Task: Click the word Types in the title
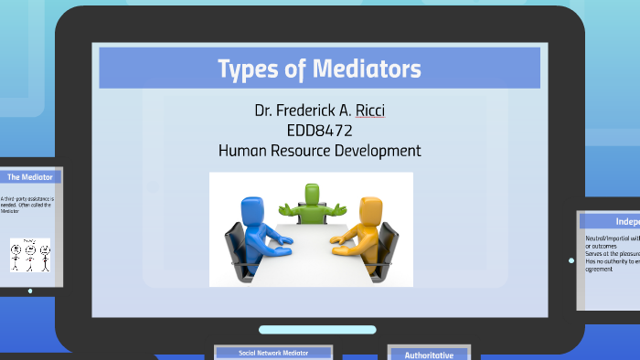pyautogui.click(x=246, y=69)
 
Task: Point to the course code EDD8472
pyautogui.click(x=320, y=131)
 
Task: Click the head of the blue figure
pyautogui.click(x=252, y=206)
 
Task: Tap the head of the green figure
pyautogui.click(x=313, y=193)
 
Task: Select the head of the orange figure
pyautogui.click(x=369, y=206)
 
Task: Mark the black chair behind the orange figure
pyautogui.click(x=388, y=245)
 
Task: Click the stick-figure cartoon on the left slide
pyautogui.click(x=28, y=256)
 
